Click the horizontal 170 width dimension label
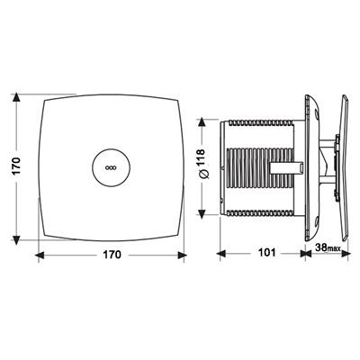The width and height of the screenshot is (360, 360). [x=112, y=255]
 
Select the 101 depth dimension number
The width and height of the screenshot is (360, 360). [x=266, y=253]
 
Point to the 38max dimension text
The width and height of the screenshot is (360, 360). [x=328, y=247]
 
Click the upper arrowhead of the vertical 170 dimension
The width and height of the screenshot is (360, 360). [x=16, y=98]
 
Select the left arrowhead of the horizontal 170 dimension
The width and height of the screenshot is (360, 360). [x=40, y=256]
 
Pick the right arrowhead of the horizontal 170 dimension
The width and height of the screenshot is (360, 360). [x=182, y=256]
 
